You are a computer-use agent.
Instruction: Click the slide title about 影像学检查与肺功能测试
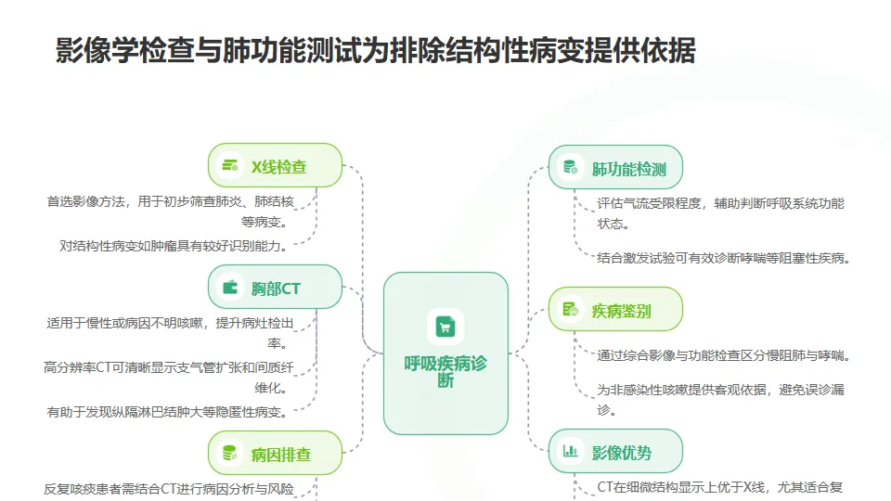[x=375, y=51]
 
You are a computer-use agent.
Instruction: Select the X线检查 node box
[x=275, y=167]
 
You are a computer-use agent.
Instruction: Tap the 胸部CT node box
[x=275, y=289]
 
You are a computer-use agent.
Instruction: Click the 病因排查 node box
[x=275, y=455]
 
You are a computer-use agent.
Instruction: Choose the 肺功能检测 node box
[x=615, y=169]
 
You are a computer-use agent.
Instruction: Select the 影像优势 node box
[x=615, y=453]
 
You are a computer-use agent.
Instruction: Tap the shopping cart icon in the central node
[x=445, y=326]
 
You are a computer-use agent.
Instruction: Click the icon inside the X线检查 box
[x=228, y=167]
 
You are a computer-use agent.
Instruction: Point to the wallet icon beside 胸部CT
[x=229, y=289]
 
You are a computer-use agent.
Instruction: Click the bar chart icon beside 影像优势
[x=570, y=453]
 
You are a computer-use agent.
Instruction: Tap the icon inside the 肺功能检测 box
[x=570, y=168]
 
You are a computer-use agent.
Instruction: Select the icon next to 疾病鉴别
[x=570, y=310]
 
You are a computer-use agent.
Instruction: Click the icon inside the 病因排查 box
[x=228, y=454]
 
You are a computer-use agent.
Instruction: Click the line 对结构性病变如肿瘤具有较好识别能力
[x=173, y=246]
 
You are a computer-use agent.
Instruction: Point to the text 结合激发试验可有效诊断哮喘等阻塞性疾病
[x=724, y=259]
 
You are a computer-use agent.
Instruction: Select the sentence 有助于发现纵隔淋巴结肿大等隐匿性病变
[x=166, y=412]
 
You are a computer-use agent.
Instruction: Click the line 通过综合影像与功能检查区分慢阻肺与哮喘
[x=724, y=355]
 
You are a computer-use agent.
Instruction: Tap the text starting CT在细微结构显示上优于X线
[x=719, y=486]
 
